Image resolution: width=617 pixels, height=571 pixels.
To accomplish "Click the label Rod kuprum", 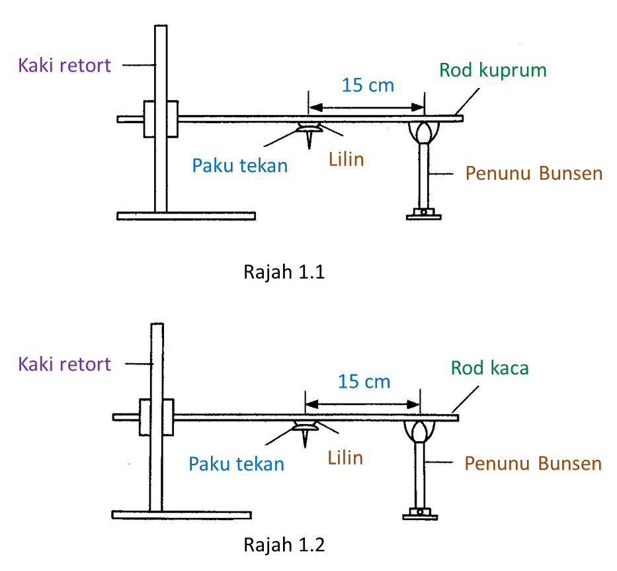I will coord(493,70).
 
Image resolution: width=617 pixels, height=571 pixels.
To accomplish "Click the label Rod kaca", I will coord(489,368).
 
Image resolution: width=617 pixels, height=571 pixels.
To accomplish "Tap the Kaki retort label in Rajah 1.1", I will coord(65,65).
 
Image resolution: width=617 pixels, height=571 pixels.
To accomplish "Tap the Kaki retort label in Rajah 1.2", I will coord(65,364).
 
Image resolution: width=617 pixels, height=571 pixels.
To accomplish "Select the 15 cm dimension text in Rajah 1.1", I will coord(368,85).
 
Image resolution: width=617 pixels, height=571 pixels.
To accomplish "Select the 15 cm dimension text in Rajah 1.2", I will coord(364,382).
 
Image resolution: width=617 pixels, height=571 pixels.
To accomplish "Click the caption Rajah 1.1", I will coord(284,272).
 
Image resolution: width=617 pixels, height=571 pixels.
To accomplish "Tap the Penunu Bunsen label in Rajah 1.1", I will coord(534,173).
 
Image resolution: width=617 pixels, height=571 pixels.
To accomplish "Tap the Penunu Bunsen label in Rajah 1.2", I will coord(533,463).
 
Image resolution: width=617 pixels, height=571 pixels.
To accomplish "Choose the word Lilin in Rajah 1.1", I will coord(347,159).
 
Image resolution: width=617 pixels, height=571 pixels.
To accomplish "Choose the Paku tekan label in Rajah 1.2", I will coord(236,464).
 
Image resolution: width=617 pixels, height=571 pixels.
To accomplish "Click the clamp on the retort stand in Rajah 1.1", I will coord(161,119).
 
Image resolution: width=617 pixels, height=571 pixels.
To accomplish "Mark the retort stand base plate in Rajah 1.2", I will coord(182,515).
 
